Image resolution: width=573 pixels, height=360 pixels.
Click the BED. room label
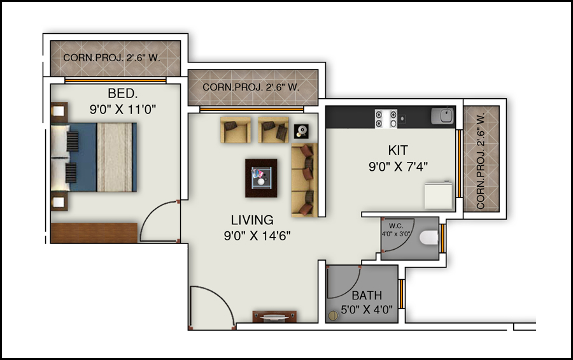click(123, 94)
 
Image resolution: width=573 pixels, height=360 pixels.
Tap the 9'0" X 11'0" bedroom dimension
click(123, 110)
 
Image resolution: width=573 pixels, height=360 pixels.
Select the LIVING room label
click(252, 220)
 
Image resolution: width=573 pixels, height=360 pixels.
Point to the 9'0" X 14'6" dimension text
click(257, 236)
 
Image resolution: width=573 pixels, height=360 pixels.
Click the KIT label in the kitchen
click(398, 150)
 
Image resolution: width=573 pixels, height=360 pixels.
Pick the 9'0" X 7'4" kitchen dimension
click(398, 167)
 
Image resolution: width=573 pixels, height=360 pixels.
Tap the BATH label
click(367, 295)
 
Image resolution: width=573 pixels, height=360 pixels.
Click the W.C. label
click(396, 226)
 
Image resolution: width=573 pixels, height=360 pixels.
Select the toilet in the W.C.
click(428, 238)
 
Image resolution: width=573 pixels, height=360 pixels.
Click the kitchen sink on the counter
click(442, 116)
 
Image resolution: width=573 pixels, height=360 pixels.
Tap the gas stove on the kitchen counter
click(386, 119)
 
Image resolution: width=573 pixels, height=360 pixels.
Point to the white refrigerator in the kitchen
click(439, 196)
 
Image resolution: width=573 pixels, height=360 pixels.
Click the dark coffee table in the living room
click(261, 178)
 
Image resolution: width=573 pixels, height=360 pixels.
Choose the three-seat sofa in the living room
click(304, 180)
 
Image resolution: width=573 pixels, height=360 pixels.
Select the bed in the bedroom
click(94, 157)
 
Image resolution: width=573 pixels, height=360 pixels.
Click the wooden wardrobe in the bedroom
click(94, 233)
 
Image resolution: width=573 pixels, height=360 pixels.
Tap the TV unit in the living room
click(274, 317)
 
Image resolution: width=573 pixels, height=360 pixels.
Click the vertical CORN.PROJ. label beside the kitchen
click(481, 161)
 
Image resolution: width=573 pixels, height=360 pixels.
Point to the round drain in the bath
click(333, 316)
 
